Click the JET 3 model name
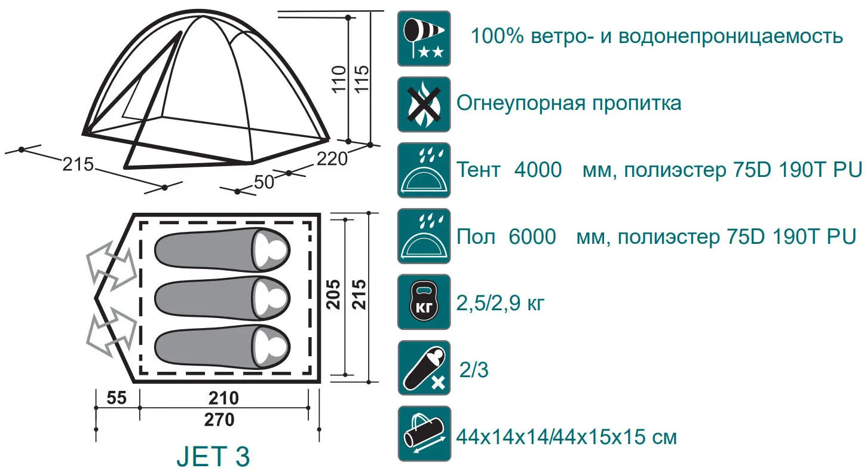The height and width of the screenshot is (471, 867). coord(213,456)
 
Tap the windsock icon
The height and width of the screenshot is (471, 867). coord(424,38)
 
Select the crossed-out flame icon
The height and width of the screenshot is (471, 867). coord(424,104)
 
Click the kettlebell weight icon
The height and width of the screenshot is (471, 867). coord(424,302)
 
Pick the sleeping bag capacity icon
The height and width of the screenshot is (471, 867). coord(424,368)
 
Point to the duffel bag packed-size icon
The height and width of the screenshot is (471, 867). coord(424,434)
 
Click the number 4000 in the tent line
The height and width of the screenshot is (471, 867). coord(538,170)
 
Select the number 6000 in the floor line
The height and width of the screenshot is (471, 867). coord(532,236)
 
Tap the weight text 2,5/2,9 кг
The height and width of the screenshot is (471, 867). coord(501,303)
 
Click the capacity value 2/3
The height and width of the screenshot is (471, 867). coord(474,369)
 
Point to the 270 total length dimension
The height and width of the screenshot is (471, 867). coord(219,420)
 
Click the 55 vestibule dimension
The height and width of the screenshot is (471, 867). coord(117,398)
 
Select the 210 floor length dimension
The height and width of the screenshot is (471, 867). coord(223,398)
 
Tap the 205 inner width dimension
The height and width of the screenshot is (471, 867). coord(333,294)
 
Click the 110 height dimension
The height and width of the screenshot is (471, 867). coord(339,79)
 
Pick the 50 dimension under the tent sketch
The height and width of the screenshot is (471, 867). coord(264,182)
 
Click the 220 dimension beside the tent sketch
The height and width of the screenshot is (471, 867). coord(332,159)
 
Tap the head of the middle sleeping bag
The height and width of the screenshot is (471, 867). coord(271,298)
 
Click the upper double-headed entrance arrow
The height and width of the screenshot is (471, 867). coord(112,265)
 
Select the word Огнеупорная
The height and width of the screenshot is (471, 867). coord(521,103)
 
